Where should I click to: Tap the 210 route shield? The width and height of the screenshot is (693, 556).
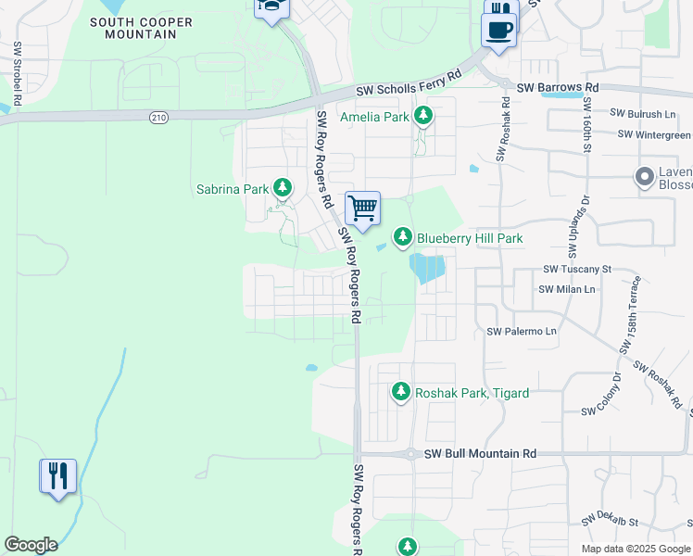coord(158,116)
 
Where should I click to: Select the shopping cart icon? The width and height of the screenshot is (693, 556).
coord(362,207)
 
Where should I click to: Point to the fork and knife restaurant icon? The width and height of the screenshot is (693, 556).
coord(57,476)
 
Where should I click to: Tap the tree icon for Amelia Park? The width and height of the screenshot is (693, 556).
coord(423,117)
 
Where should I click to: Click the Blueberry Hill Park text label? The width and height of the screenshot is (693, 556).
coord(470,238)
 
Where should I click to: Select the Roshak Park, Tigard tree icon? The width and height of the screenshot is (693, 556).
coord(401,393)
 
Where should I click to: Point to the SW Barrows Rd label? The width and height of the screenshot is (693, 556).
coord(558,87)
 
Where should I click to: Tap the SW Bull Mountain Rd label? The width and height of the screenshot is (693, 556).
coord(480,454)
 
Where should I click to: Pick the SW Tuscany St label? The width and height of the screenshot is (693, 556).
coord(577,269)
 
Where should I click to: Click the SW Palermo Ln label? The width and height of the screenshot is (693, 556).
coord(522,331)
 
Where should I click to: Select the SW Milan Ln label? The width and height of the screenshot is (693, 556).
coord(567,289)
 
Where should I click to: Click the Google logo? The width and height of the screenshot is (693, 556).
coord(31,545)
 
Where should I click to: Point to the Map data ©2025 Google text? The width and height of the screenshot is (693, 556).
coord(635,549)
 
